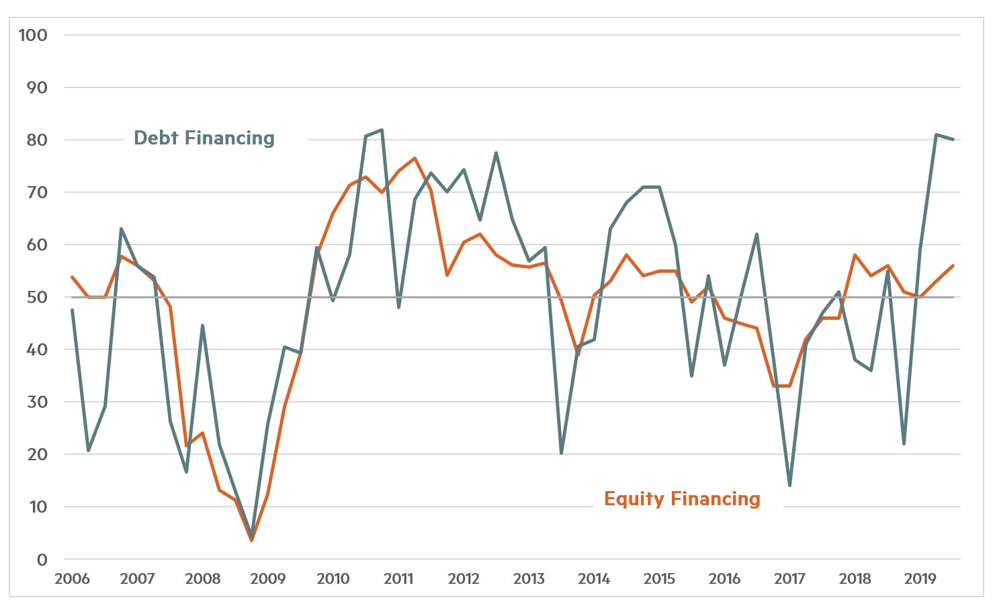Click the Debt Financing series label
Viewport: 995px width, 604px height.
click(204, 138)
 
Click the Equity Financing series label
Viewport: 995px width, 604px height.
click(682, 499)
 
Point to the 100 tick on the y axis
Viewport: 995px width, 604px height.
click(33, 35)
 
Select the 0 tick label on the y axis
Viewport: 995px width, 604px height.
click(42, 559)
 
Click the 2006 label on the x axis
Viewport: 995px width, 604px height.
click(72, 578)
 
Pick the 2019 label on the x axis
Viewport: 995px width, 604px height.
click(920, 578)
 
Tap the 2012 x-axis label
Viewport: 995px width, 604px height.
click(463, 578)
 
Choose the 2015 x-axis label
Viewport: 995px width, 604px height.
click(659, 578)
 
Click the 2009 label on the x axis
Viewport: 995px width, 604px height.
click(267, 578)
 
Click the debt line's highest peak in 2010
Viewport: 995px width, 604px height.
click(382, 130)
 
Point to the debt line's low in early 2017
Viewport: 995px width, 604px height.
click(789, 485)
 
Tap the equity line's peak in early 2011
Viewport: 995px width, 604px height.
click(415, 158)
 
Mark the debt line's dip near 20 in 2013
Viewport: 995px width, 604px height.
click(561, 453)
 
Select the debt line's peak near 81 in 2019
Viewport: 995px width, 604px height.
click(937, 134)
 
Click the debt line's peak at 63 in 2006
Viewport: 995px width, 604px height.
click(121, 228)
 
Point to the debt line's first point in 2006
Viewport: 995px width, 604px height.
click(72, 310)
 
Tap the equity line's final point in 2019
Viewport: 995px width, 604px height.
click(953, 265)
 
